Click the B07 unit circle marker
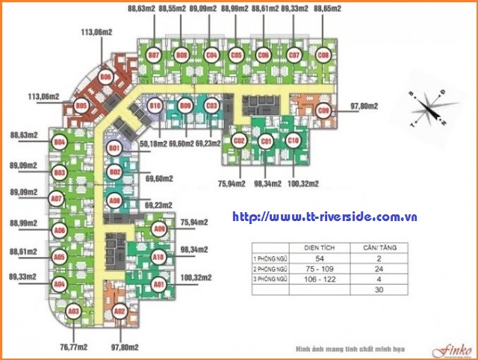click(155, 55)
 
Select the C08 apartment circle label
click(323, 55)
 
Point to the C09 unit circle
click(323, 112)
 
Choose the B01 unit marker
click(115, 149)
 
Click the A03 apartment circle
click(73, 311)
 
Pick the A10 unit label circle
click(158, 257)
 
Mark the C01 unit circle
click(265, 140)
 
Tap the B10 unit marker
click(155, 107)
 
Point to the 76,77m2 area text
click(72, 347)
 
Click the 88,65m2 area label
click(328, 8)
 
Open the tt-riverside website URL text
click(324, 217)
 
